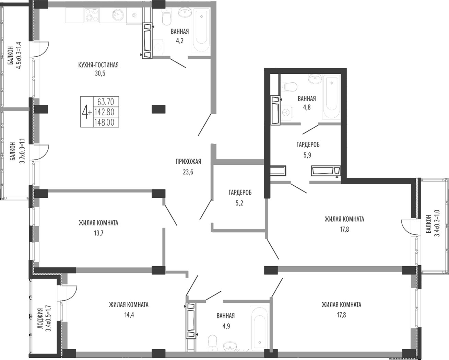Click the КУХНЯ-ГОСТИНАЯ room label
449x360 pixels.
tap(98, 65)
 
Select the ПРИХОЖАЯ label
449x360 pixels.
tap(188, 162)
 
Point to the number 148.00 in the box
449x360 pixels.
tap(104, 123)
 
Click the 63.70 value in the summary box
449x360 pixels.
tap(106, 102)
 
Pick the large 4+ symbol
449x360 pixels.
tap(86, 112)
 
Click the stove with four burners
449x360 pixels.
tap(91, 15)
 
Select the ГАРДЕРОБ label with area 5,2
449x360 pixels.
tap(240, 193)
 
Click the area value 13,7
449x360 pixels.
tap(99, 233)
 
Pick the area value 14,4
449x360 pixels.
tap(129, 315)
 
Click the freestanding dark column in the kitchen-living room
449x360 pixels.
tap(158, 109)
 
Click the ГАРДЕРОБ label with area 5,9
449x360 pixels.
tap(308, 144)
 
